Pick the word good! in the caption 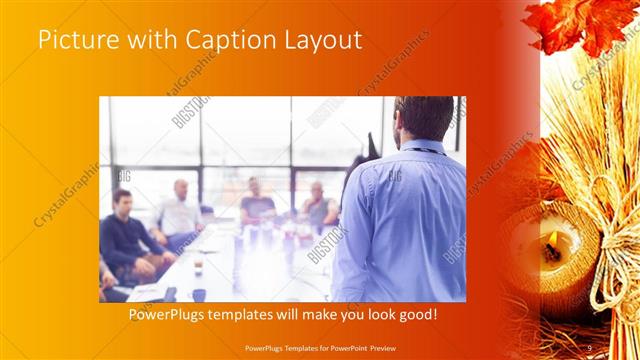(414, 315)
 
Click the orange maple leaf (580, 25)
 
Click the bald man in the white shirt (181, 208)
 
